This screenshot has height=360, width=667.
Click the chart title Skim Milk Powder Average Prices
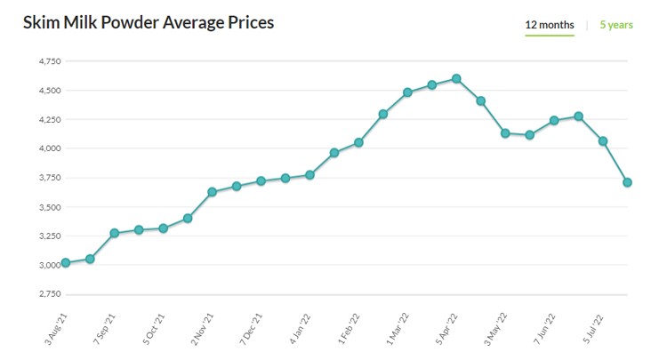coord(148,22)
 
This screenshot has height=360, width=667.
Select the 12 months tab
coord(549,25)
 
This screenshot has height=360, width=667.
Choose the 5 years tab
coord(616,25)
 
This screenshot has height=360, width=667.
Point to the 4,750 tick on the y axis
coord(49,61)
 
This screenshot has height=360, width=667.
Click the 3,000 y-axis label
coord(49,265)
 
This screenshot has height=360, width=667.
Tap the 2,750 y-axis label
coord(49,293)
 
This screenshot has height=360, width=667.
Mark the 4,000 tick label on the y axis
coord(49,148)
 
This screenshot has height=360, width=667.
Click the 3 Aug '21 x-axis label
coord(58,329)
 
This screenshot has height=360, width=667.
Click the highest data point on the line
coord(456,78)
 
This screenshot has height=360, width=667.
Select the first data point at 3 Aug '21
coord(65,263)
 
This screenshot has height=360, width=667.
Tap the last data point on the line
coord(628,182)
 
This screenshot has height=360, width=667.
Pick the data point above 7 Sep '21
coord(114,233)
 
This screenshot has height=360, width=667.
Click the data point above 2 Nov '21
coord(212,192)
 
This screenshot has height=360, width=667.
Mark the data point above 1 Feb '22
coord(358,142)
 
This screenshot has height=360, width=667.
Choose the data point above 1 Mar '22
coord(407,92)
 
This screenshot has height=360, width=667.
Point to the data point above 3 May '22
coord(505,133)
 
